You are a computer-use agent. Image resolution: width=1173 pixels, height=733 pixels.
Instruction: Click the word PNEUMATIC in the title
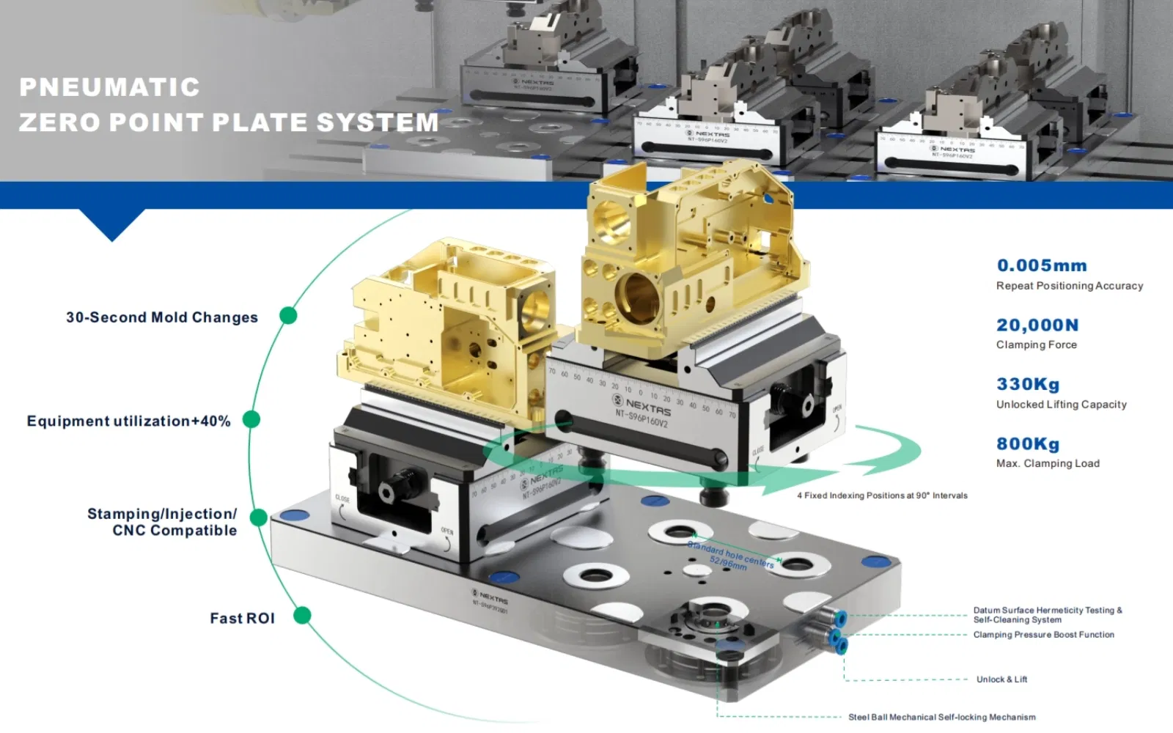click(109, 87)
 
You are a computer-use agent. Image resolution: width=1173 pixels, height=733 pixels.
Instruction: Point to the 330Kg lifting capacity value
click(1027, 384)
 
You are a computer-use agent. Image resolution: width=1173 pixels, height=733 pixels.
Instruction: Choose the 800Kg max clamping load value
click(1027, 443)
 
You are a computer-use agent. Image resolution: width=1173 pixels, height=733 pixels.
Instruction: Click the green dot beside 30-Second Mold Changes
click(288, 315)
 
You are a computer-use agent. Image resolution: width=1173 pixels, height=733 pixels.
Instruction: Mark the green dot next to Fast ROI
click(302, 615)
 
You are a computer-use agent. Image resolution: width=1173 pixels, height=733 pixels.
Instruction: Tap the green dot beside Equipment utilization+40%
click(251, 419)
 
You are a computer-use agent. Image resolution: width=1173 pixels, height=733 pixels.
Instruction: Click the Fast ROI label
click(242, 619)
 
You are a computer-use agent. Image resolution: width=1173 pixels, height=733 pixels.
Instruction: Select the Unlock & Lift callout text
click(1001, 679)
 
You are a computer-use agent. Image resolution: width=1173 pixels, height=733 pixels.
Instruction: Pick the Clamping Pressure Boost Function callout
click(1043, 635)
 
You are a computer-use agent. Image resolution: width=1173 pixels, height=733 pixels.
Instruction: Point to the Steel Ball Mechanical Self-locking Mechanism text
click(941, 717)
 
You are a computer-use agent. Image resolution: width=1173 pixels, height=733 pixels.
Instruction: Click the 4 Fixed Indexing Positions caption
click(882, 496)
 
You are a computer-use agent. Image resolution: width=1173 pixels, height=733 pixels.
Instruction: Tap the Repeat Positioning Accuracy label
click(1069, 286)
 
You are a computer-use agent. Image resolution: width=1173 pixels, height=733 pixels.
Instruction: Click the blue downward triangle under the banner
click(112, 224)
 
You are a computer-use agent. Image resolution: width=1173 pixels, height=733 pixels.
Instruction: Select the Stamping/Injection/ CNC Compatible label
click(163, 522)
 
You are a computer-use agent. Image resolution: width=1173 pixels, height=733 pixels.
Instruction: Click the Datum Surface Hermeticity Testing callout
click(1047, 614)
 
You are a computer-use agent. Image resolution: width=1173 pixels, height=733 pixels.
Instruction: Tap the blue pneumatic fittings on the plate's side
click(836, 631)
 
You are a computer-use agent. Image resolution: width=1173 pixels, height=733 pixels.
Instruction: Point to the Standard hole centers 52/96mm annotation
click(730, 556)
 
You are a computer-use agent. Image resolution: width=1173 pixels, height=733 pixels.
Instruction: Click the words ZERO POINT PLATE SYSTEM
click(229, 122)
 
